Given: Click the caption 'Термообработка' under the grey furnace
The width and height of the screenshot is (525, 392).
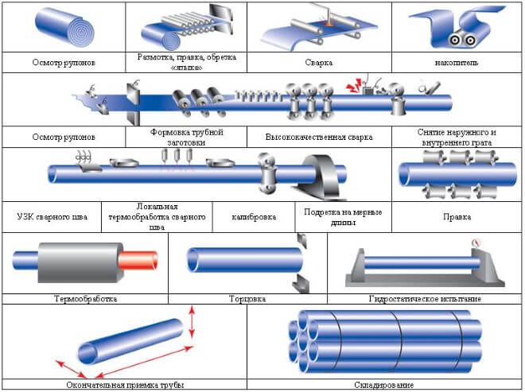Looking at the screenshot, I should (85, 299).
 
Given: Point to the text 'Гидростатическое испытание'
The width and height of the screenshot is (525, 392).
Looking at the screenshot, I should (426, 299).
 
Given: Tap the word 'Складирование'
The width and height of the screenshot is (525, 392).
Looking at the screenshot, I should (385, 384).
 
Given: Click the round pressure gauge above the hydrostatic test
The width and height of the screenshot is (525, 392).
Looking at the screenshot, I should (476, 243).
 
